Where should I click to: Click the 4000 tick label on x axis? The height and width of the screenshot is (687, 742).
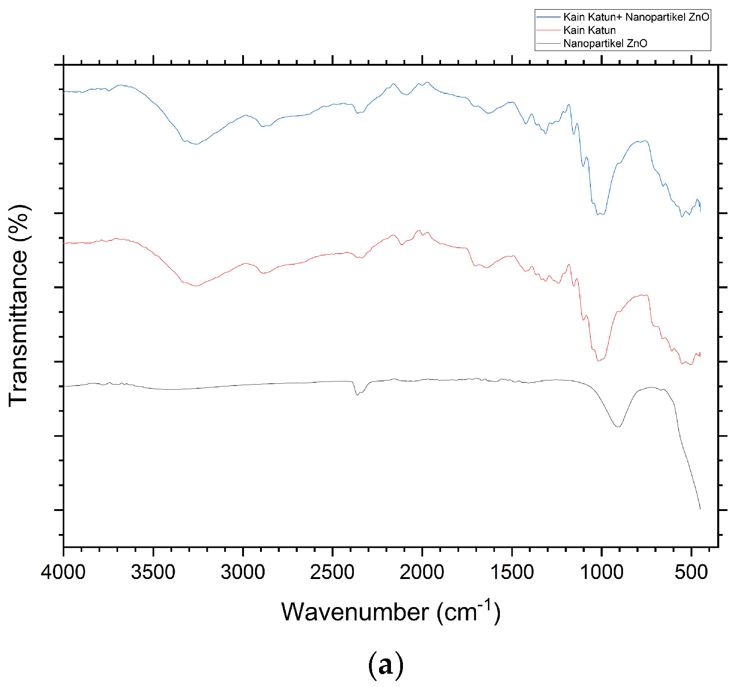[x=63, y=572]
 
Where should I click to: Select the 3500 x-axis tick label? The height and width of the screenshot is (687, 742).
[x=153, y=572]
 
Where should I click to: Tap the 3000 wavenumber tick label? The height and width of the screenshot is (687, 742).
[x=243, y=572]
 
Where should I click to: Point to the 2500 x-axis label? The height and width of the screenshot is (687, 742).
[x=332, y=572]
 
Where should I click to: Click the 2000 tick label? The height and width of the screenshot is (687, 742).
[x=422, y=572]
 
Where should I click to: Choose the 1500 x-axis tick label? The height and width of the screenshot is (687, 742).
[x=512, y=572]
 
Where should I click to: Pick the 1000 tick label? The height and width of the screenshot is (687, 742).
[x=601, y=572]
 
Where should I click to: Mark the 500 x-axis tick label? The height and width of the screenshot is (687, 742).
[x=691, y=572]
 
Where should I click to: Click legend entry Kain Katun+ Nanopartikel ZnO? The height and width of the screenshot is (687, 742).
[x=636, y=17]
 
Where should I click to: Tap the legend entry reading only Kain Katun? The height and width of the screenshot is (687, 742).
[x=589, y=30]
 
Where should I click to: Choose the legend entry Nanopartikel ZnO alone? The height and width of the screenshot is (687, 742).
[x=605, y=44]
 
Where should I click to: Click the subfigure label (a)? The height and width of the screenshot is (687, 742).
[x=385, y=665]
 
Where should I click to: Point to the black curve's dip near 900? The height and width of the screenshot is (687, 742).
[x=618, y=426]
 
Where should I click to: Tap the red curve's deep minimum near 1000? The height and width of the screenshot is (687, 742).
[x=599, y=361]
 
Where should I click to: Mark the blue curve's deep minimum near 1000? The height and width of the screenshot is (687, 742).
[x=600, y=214]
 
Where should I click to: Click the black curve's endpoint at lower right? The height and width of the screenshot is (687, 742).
[x=700, y=509]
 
